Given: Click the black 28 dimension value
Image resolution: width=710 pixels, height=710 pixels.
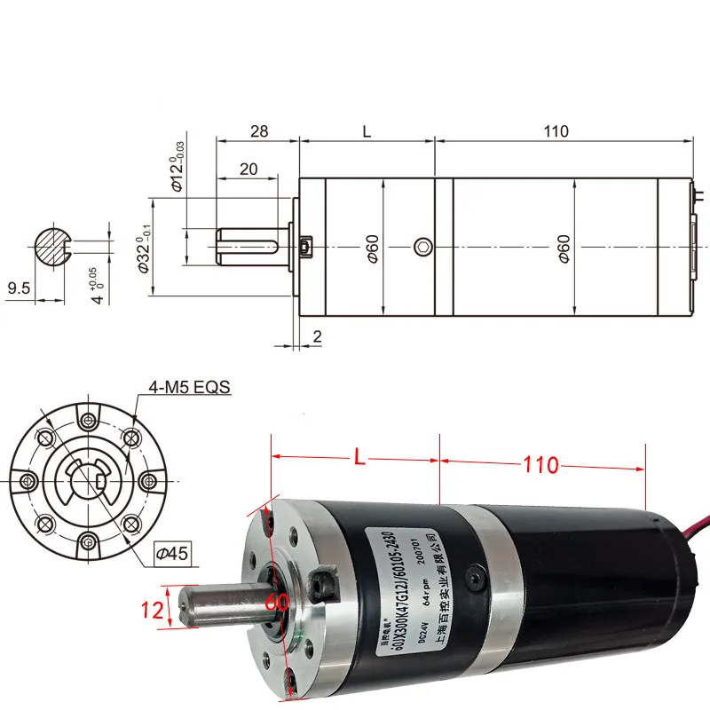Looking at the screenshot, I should coord(258,131).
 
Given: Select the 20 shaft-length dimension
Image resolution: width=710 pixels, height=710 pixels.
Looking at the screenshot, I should coord(248,169).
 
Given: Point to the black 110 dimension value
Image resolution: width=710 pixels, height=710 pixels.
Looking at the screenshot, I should coord(556,131).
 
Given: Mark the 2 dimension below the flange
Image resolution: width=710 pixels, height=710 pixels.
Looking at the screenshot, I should coord(317,335).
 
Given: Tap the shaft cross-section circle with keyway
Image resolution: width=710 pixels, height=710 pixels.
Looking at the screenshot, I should coord(53,246).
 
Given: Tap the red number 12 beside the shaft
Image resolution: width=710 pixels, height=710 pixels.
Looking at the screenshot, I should coord(151,611).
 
